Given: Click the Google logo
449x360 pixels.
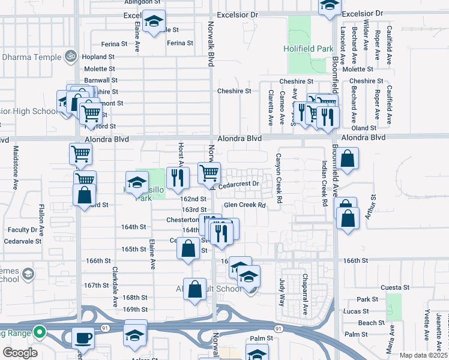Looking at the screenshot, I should [x=20, y=353].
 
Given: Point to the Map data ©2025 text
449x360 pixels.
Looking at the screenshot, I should [x=423, y=355].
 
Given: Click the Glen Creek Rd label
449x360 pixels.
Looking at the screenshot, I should [x=244, y=205].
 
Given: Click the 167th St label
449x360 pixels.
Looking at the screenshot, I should [x=96, y=285].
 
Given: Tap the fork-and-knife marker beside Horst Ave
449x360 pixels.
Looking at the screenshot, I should [x=178, y=177].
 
